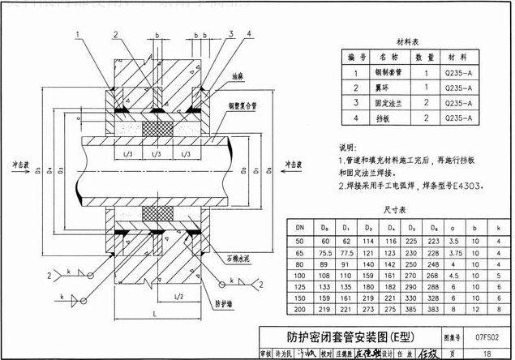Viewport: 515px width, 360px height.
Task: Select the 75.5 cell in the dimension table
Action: (x=324, y=253)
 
